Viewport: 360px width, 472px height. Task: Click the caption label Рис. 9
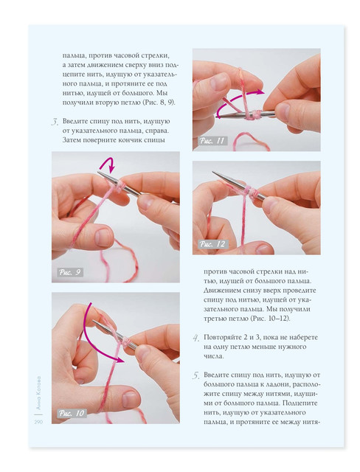click(x=70, y=272)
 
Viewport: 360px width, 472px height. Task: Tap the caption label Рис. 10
click(x=72, y=413)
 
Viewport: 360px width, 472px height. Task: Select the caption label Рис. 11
click(x=212, y=141)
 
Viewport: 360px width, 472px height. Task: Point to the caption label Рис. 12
click(x=212, y=244)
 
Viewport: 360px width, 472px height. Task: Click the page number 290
click(x=38, y=422)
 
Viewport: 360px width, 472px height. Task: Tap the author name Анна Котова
click(x=38, y=392)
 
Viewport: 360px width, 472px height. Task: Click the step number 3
click(x=55, y=122)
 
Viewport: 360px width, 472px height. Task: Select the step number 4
click(x=196, y=339)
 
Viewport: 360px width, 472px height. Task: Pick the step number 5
click(x=196, y=375)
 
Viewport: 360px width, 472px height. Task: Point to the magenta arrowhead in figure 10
click(x=120, y=359)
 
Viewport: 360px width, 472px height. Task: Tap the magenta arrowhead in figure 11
click(x=260, y=92)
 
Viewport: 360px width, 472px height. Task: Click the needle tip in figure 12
click(x=213, y=172)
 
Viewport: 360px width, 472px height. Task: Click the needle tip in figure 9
click(x=98, y=172)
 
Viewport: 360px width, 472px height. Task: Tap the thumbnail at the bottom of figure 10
click(x=130, y=400)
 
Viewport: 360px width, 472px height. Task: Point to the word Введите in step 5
click(x=216, y=375)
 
